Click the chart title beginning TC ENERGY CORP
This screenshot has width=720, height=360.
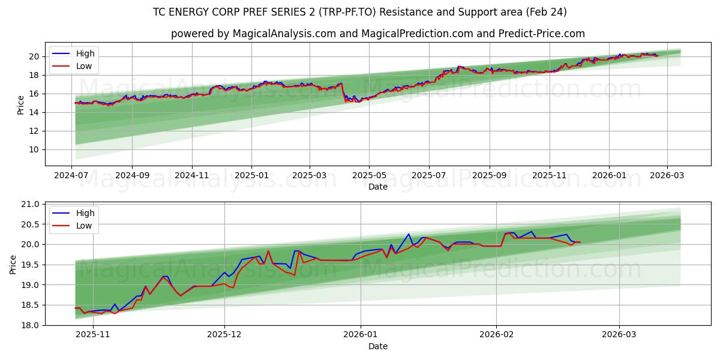coord(360,12)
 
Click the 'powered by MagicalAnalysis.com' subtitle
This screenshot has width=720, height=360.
coord(378,34)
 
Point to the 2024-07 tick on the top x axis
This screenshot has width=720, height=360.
coord(72,175)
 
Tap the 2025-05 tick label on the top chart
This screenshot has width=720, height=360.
coord(369,175)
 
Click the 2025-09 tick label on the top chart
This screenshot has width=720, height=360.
coord(489,175)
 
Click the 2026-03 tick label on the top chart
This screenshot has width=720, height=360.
coord(667,175)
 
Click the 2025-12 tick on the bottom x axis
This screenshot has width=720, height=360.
coord(224,335)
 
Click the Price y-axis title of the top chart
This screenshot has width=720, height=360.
coord(20,104)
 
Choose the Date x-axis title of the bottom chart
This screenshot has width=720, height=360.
coord(378,346)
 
